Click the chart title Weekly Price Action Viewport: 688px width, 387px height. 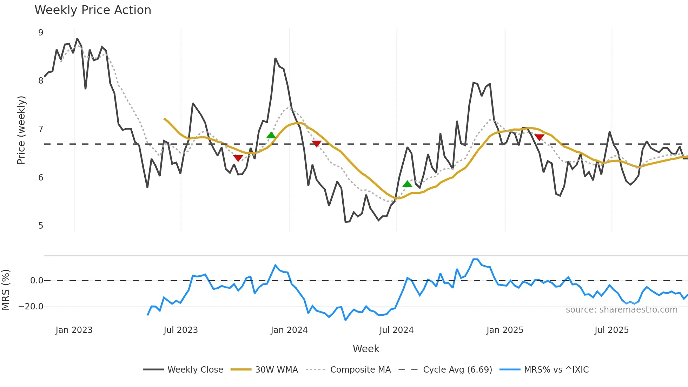[93, 10]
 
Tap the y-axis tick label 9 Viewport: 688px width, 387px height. [41, 33]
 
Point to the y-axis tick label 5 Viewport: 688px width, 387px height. [41, 225]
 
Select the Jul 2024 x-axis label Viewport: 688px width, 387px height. [396, 330]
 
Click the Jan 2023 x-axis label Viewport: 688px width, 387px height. [74, 330]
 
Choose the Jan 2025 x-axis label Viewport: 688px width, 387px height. [505, 330]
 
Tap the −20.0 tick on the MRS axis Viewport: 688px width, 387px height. [31, 307]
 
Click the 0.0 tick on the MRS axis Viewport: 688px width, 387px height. [37, 281]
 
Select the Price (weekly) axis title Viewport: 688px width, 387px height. [21, 130]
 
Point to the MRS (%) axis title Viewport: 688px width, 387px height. [6, 290]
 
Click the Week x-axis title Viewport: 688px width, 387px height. [366, 349]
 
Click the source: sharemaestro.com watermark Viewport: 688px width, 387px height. [621, 310]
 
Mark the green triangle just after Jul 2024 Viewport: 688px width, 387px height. [407, 184]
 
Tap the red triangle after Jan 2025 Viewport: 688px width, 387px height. [539, 137]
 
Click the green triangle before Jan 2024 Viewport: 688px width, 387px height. [271, 135]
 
